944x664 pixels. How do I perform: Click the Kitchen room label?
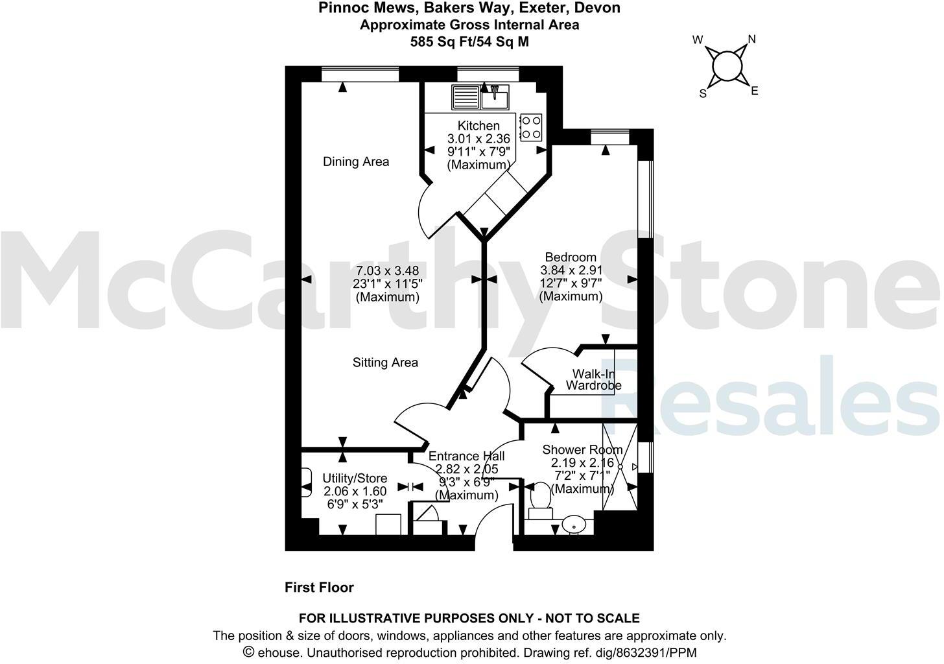[x=478, y=126]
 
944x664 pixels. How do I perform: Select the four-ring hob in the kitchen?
[x=531, y=127]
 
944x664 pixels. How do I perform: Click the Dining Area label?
[x=356, y=161]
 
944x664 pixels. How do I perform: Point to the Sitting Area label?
[x=385, y=362]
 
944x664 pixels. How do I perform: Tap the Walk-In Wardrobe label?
[x=593, y=380]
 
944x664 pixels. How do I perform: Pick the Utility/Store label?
[x=355, y=479]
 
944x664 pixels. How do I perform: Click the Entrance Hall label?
[x=467, y=456]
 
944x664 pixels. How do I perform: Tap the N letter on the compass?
[x=752, y=40]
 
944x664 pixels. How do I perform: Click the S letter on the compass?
[x=703, y=93]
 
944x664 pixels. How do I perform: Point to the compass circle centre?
[x=727, y=65]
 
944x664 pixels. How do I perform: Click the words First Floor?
[x=320, y=587]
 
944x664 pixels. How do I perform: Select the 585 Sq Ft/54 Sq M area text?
[x=469, y=42]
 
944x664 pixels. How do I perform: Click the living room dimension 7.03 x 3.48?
[x=388, y=270]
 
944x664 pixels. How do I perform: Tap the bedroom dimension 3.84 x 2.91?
[x=571, y=270]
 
